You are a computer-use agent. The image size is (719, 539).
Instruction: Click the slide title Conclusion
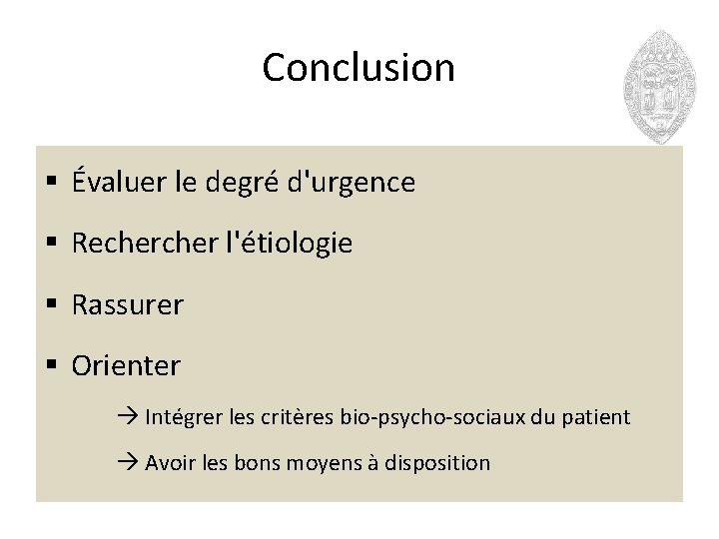359,68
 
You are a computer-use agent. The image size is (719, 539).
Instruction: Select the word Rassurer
128,305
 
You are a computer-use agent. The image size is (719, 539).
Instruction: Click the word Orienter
126,366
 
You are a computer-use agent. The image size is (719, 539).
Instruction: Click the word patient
600,417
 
